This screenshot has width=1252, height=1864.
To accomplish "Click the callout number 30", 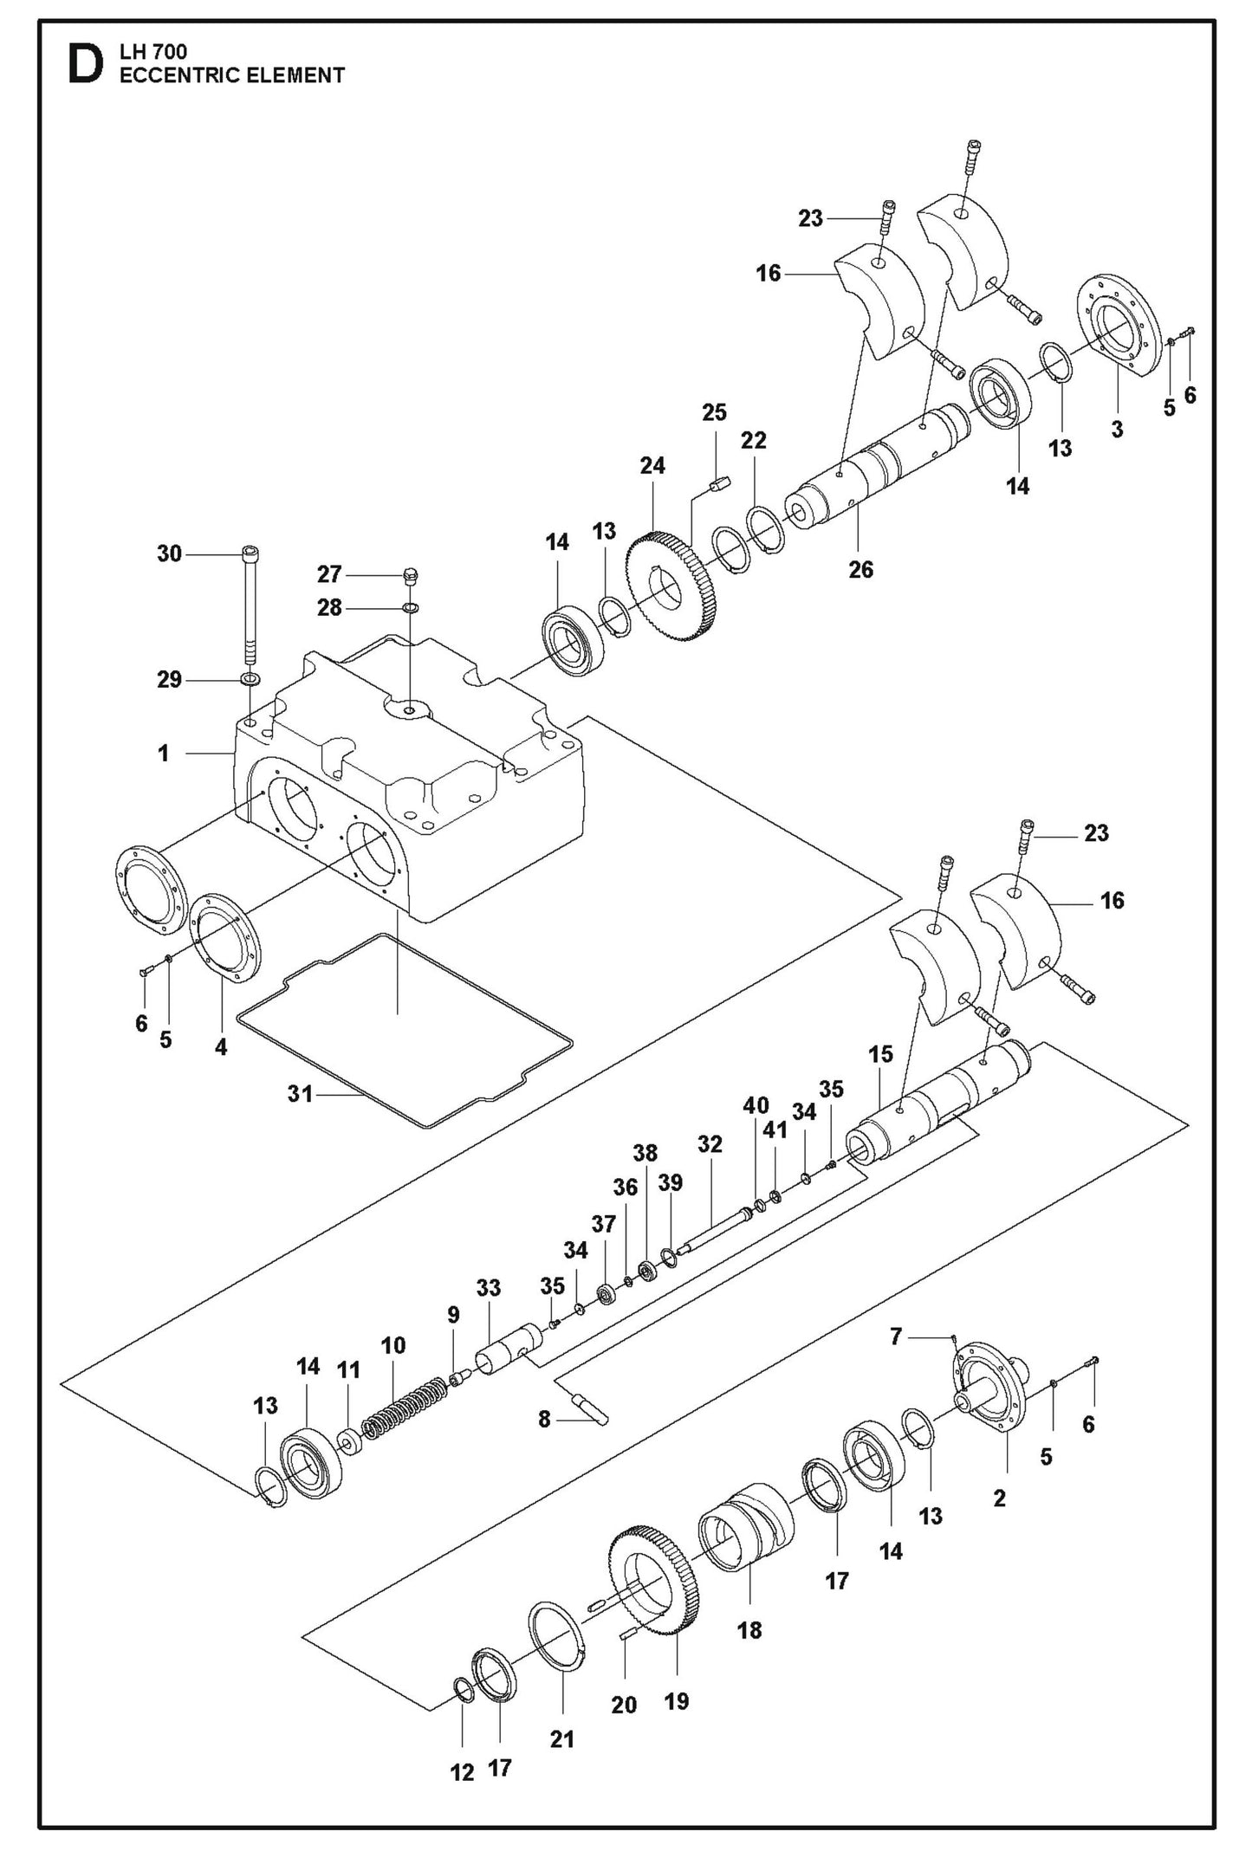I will pyautogui.click(x=169, y=553).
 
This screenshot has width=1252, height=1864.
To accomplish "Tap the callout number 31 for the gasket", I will pyautogui.click(x=300, y=1094).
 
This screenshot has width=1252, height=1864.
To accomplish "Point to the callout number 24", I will pyautogui.click(x=652, y=466).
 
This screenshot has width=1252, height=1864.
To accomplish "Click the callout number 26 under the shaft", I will pyautogui.click(x=860, y=569).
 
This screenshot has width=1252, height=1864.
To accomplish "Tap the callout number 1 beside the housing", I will pyautogui.click(x=163, y=754).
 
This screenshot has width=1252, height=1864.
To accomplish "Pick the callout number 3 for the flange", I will pyautogui.click(x=1117, y=429).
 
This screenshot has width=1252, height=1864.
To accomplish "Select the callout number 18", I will pyautogui.click(x=749, y=1630).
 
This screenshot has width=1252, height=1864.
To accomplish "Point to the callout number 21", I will pyautogui.click(x=562, y=1738).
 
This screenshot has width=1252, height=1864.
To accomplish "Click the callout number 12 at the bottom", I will pyautogui.click(x=462, y=1773).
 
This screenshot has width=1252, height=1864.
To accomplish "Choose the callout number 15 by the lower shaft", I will pyautogui.click(x=880, y=1054).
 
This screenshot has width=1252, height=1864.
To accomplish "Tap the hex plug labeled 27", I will pyautogui.click(x=412, y=574).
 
